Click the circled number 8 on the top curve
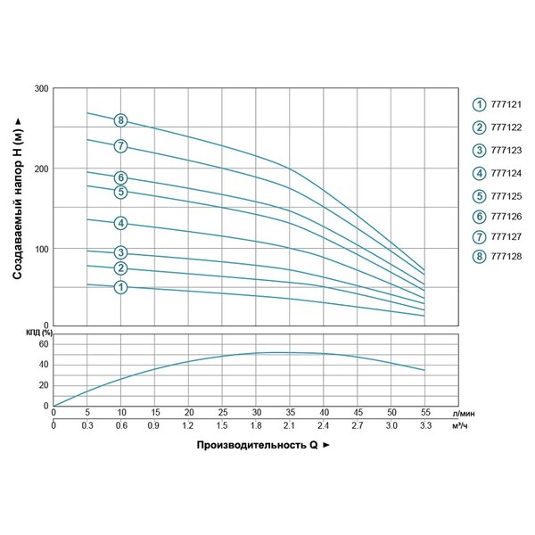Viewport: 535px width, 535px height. tap(121, 120)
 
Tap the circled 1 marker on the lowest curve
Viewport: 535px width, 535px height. tap(121, 287)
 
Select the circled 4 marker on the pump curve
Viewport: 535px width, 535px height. tap(121, 223)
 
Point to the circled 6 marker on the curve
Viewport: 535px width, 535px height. tap(121, 177)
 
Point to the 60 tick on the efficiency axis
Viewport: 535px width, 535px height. tap(41, 343)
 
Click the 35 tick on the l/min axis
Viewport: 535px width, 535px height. tap(291, 413)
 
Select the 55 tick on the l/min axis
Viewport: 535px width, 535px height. tap(425, 413)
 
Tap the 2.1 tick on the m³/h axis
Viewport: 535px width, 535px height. tap(291, 426)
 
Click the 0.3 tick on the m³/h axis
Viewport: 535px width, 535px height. tap(86, 426)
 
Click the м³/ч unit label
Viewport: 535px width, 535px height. tap(461, 426)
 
